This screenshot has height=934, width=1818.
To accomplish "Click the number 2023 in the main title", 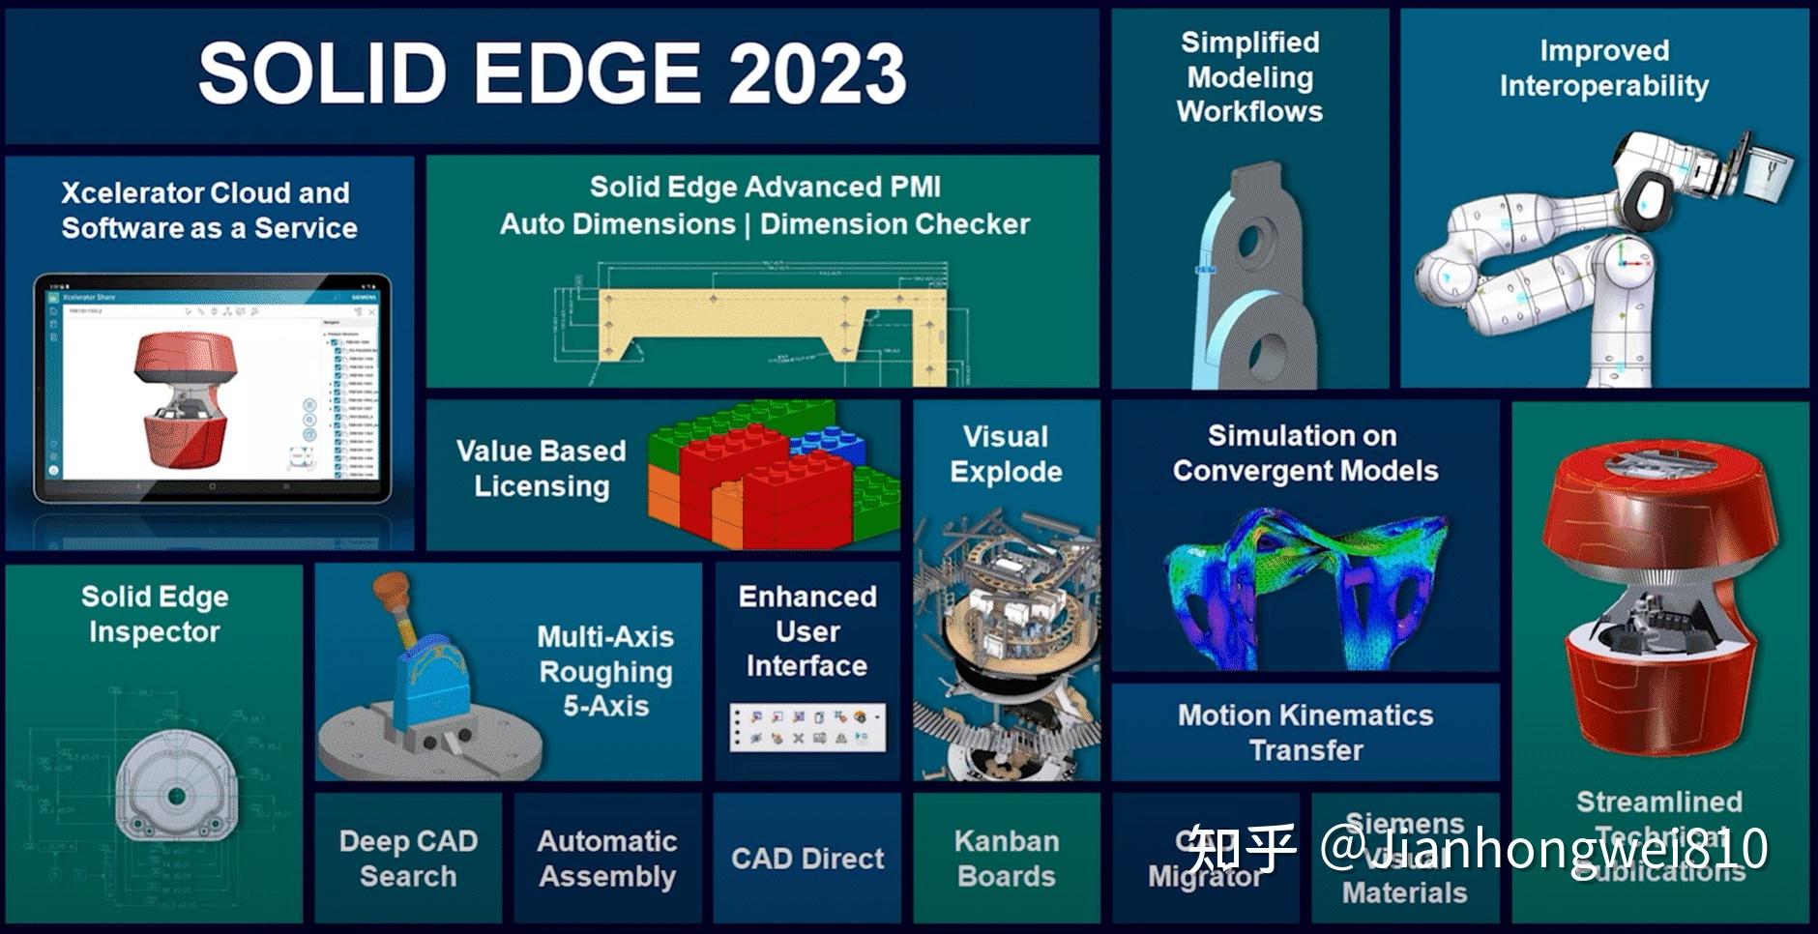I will [817, 73].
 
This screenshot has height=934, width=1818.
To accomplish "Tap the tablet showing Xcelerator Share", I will [213, 387].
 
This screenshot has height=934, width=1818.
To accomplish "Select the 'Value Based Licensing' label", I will [541, 468].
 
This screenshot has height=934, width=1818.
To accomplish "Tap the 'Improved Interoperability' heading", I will [1603, 68].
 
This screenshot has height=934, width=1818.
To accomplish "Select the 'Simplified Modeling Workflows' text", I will [1249, 76].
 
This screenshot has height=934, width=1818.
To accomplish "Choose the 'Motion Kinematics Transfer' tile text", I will [1305, 732].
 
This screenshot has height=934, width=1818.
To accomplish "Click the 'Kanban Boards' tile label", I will [1006, 858].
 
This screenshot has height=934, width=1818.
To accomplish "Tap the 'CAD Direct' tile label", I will [807, 858].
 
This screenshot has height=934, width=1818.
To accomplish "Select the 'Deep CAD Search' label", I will [408, 858].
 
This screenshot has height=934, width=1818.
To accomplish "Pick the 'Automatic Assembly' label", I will [607, 858].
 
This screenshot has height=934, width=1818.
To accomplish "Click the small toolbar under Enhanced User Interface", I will [807, 727].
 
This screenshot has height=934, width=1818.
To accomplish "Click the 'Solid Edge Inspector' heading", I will [155, 613].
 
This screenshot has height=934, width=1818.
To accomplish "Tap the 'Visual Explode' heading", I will [1006, 453].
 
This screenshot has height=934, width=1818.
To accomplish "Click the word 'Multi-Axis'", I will [605, 636].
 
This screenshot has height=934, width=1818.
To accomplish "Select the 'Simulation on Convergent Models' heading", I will [1305, 452].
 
